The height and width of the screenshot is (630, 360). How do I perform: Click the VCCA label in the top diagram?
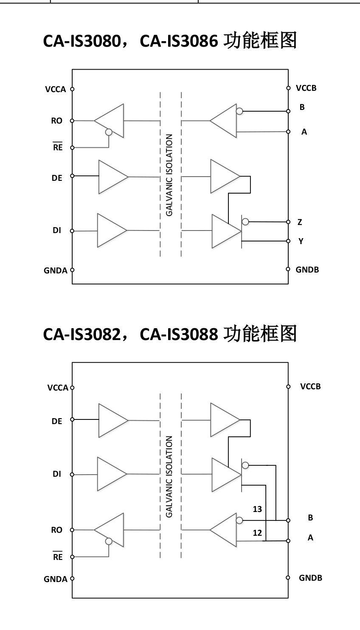56,90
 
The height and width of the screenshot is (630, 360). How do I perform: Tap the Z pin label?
300,222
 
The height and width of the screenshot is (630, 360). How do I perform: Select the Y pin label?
301,241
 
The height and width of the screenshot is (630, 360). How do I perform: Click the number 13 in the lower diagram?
257,509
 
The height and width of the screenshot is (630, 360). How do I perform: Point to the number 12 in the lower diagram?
257,533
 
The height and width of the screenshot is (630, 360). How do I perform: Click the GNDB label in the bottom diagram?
310,578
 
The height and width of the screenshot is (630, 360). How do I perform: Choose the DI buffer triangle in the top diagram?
111,231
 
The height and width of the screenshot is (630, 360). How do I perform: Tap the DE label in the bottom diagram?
57,421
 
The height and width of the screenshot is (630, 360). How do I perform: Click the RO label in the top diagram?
56,121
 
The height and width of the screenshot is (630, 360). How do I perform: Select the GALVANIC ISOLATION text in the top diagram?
169,175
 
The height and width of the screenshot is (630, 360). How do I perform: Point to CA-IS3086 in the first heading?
179,41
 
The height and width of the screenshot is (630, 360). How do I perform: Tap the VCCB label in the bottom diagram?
310,387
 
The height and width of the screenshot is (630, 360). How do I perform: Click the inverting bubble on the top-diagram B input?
239,111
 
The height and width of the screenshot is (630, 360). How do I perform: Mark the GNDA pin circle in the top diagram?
72,270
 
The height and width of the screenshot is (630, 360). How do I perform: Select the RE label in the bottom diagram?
57,557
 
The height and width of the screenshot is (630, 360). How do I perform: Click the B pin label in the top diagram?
302,107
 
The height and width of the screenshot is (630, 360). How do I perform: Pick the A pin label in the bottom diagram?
310,538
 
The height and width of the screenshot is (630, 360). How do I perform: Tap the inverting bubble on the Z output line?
245,222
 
